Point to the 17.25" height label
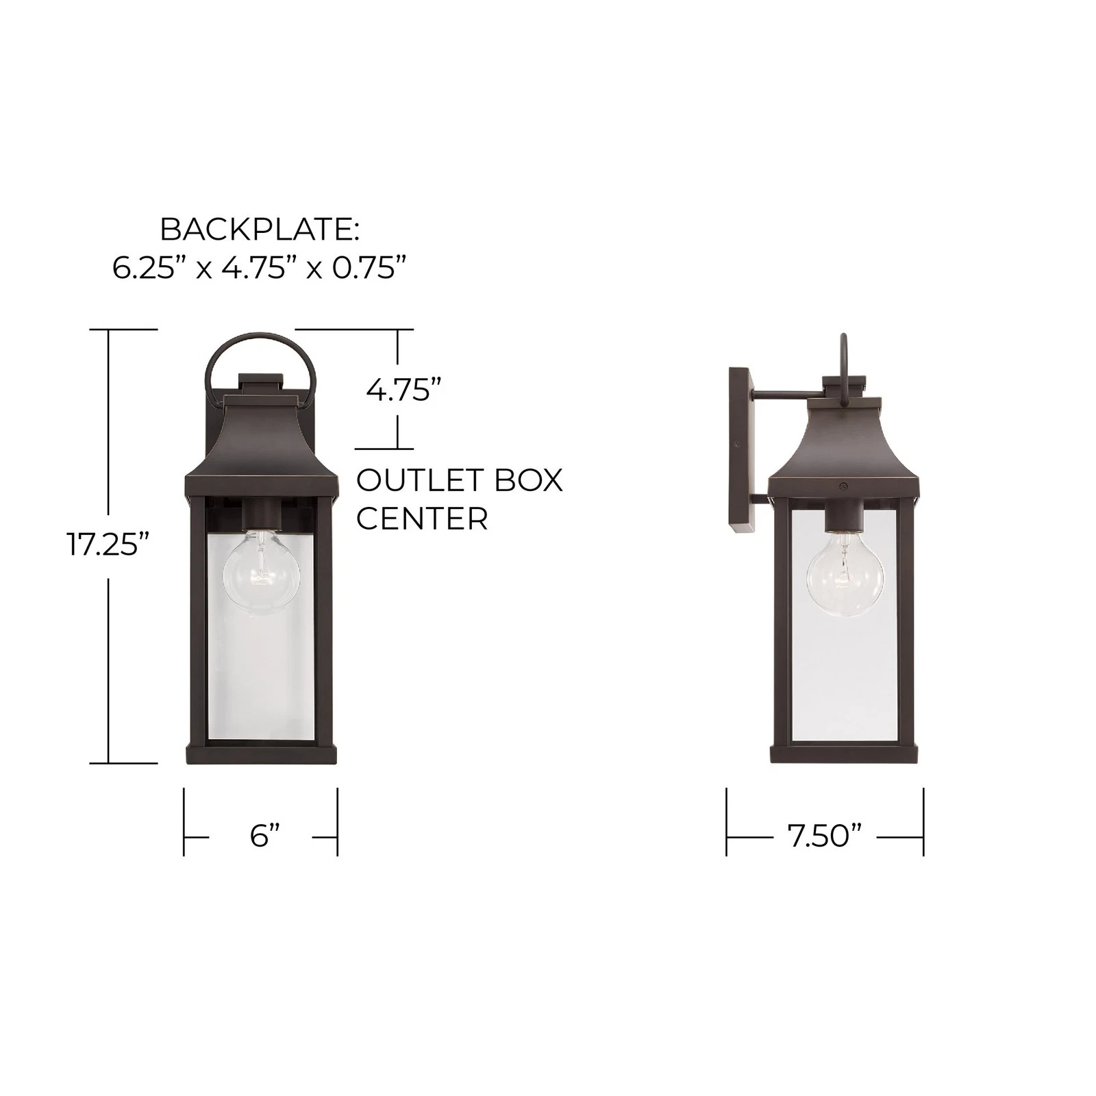(108, 545)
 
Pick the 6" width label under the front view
(265, 836)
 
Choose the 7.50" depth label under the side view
(824, 836)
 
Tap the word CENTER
(422, 519)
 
